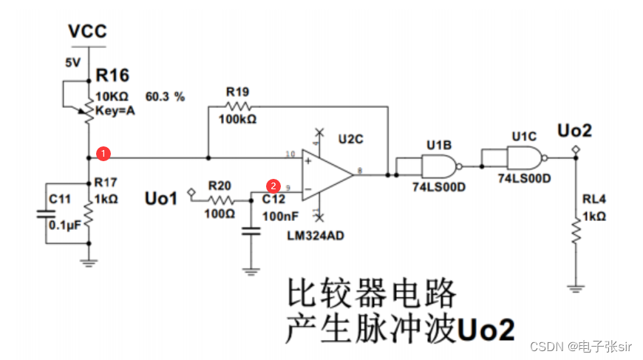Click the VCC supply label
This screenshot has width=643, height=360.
[87, 31]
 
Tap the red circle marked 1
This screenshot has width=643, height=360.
[103, 153]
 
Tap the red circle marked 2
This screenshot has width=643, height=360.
[273, 186]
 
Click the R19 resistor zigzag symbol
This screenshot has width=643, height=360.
[238, 106]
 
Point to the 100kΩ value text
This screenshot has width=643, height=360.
[237, 119]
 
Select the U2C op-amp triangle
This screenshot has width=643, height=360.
[327, 175]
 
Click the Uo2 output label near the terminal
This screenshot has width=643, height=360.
[574, 131]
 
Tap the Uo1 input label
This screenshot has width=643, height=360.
[161, 198]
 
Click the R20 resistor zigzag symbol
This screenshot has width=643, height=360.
[221, 200]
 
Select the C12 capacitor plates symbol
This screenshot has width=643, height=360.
[251, 231]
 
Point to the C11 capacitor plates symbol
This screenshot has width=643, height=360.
[46, 214]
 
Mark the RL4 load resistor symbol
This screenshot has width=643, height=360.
[576, 231]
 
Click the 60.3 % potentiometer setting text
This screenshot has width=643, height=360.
[165, 97]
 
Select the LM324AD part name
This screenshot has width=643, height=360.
[316, 236]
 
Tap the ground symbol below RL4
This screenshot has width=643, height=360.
[576, 288]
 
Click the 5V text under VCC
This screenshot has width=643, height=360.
[73, 63]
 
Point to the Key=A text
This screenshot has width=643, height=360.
[115, 111]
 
